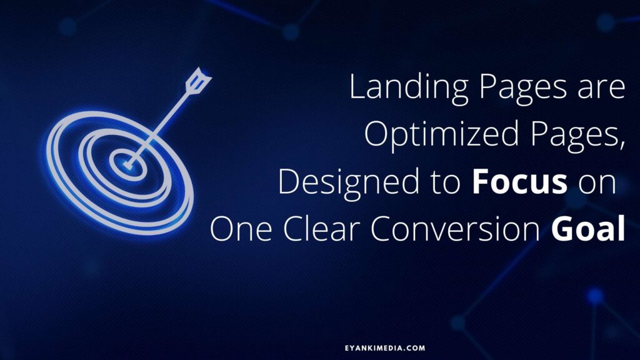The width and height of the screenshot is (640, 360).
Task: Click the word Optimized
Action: click(x=441, y=136)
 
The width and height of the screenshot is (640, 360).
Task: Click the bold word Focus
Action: click(x=519, y=182)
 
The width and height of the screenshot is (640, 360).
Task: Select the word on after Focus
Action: click(x=597, y=186)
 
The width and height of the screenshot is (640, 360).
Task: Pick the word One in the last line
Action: click(x=241, y=229)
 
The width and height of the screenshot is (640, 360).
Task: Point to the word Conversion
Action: click(x=455, y=229)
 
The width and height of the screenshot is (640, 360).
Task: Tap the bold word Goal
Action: click(x=588, y=229)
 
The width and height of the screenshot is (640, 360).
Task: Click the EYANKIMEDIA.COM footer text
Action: click(x=385, y=348)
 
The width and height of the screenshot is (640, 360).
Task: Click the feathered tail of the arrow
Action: click(x=198, y=80)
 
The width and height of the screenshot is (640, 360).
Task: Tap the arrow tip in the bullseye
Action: click(x=127, y=165)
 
